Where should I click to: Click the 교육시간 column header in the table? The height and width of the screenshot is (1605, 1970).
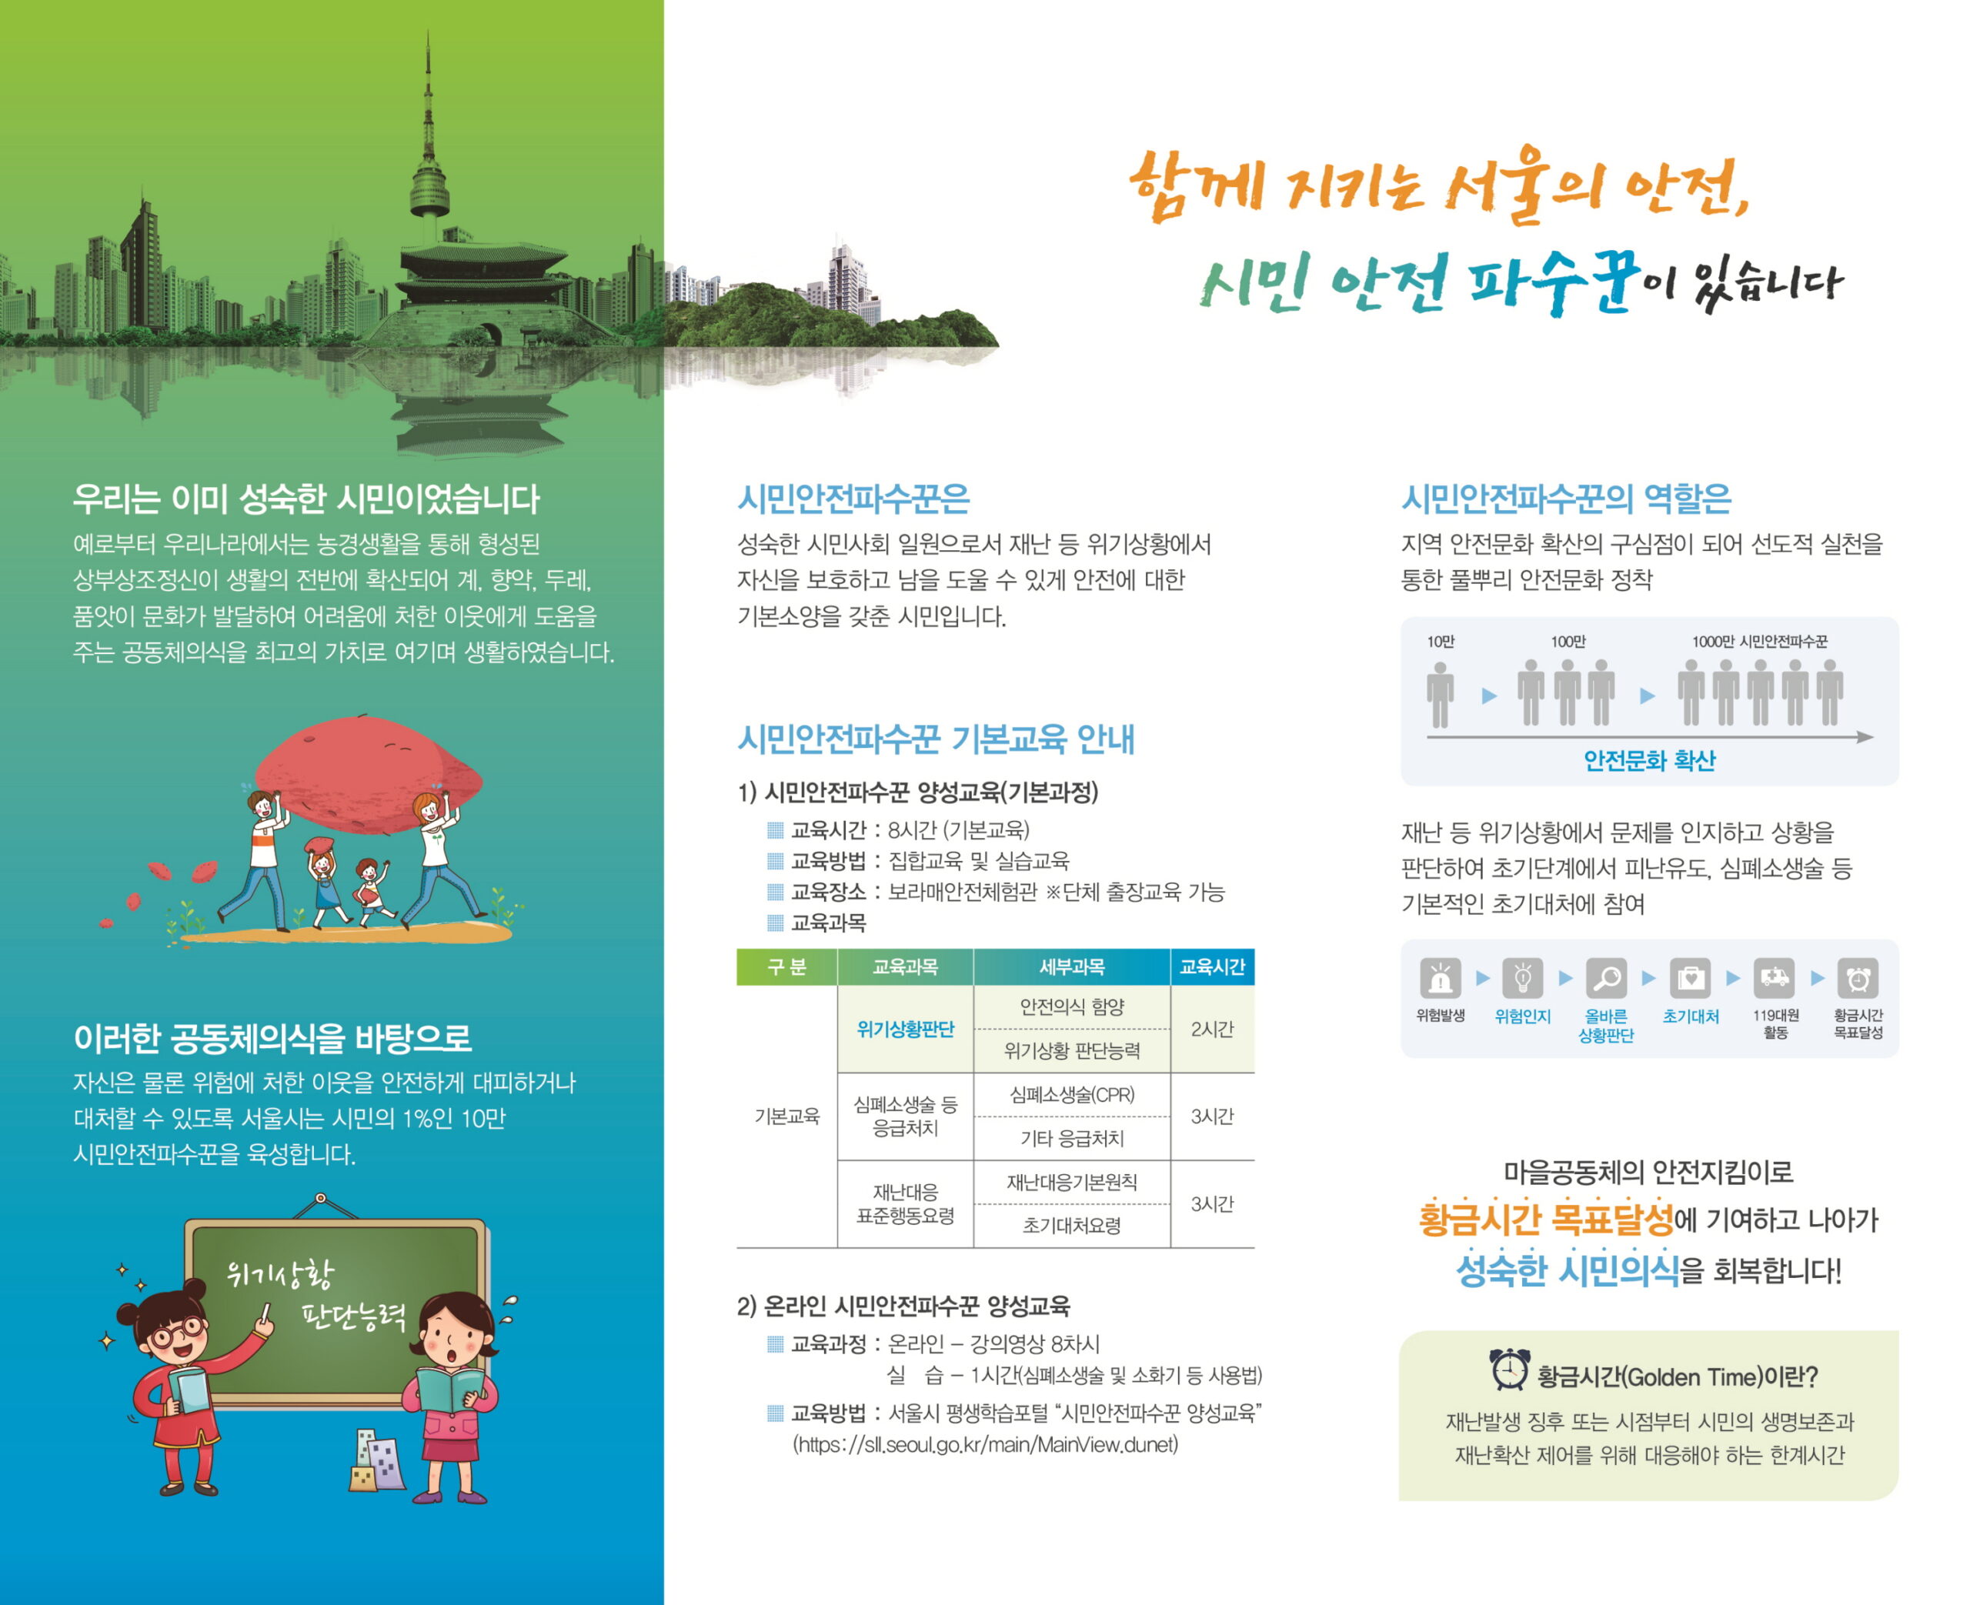point(1211,967)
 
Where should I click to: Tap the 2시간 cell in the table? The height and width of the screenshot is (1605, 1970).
point(1212,1029)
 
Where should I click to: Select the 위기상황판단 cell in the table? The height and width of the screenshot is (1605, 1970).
point(905,1029)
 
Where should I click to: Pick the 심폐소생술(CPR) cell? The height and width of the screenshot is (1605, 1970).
point(1071,1095)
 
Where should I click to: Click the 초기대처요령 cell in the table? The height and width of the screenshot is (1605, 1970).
point(1071,1226)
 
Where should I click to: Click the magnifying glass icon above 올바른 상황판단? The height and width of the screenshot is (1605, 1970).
point(1606,978)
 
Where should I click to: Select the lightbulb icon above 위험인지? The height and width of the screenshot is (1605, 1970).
point(1523,978)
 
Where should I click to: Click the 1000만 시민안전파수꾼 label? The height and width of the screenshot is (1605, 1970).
point(1759,642)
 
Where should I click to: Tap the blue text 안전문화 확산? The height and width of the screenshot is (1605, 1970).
point(1649,761)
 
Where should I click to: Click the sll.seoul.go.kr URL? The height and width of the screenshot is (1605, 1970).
point(986,1444)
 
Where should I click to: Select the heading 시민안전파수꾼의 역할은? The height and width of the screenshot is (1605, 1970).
point(1566,499)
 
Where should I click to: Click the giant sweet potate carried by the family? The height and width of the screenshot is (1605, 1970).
point(368,775)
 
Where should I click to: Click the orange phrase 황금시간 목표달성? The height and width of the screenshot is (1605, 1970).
point(1546,1220)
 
